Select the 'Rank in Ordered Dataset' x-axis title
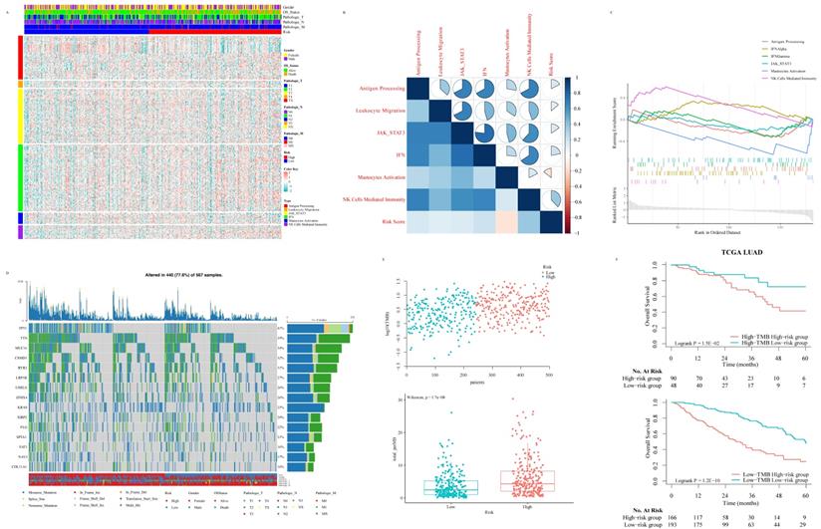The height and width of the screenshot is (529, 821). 716,232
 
